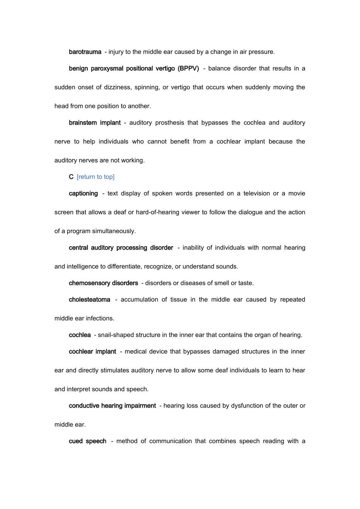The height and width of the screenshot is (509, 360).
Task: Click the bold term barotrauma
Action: point(85,52)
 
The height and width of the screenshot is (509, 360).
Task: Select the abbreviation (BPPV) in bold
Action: point(188,69)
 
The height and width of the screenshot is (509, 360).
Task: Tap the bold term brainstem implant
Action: point(95,123)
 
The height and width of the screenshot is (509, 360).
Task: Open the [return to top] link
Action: point(95,177)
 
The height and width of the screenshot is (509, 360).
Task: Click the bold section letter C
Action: point(71,177)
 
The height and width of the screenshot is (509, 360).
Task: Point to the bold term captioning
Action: point(83,194)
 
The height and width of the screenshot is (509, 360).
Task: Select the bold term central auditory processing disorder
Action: point(121,248)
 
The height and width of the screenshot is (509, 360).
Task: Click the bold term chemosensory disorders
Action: point(103,283)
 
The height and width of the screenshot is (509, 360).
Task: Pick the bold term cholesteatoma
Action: point(89,300)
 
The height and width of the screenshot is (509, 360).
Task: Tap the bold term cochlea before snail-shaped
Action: point(80,335)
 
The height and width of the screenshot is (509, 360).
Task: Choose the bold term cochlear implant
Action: point(92,351)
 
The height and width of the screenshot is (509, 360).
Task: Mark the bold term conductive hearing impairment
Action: point(112,406)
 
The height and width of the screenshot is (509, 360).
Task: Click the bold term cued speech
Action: point(88,441)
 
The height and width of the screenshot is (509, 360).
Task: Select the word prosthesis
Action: point(169,123)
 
